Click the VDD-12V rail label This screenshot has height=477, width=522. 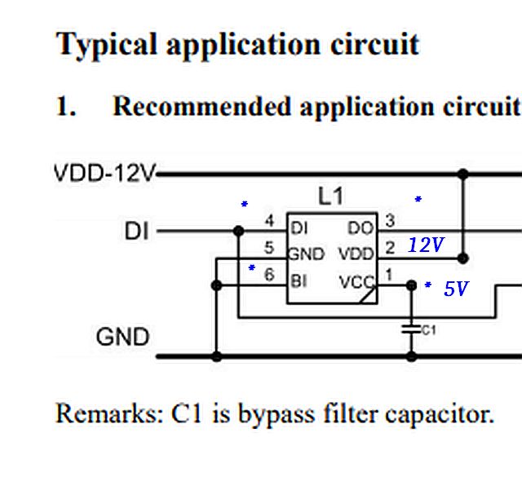[x=105, y=174]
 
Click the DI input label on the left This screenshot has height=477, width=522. [x=138, y=232]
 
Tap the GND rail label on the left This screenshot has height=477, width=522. [x=122, y=336]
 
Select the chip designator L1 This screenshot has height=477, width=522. [x=330, y=197]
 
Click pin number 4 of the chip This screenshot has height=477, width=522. [x=270, y=221]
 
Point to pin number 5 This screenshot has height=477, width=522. [x=270, y=248]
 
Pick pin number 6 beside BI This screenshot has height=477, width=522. [x=270, y=276]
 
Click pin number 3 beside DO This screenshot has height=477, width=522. [x=390, y=221]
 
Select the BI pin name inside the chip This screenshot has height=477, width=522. [x=299, y=281]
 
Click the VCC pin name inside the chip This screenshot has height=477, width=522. [x=355, y=282]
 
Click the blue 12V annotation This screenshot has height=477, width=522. [x=425, y=245]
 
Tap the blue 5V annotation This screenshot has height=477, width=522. [x=456, y=289]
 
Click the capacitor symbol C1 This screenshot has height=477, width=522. [x=412, y=329]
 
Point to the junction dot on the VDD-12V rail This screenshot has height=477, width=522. [x=463, y=174]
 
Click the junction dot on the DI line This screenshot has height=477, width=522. [x=238, y=232]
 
